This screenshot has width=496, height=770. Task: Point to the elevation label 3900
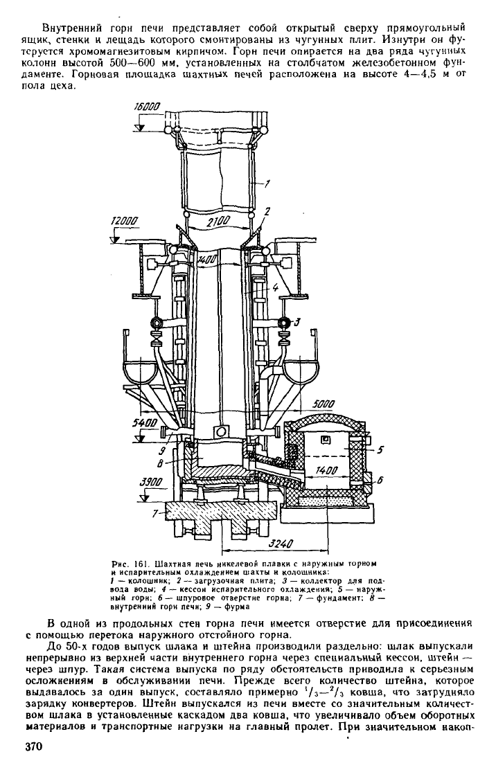click(151, 482)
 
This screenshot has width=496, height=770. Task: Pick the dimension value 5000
click(323, 404)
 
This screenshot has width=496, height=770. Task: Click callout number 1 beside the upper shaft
click(267, 184)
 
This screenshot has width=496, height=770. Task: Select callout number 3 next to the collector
click(297, 322)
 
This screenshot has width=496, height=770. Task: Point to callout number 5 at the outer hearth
click(381, 449)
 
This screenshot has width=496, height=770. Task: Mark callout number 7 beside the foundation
click(155, 514)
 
